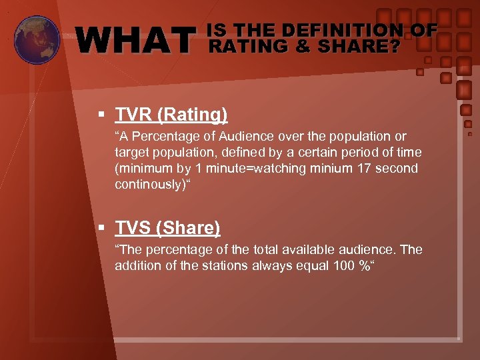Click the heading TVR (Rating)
click(x=171, y=115)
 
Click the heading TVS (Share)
click(x=167, y=229)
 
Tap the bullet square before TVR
click(x=102, y=115)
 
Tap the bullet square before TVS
click(x=102, y=229)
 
